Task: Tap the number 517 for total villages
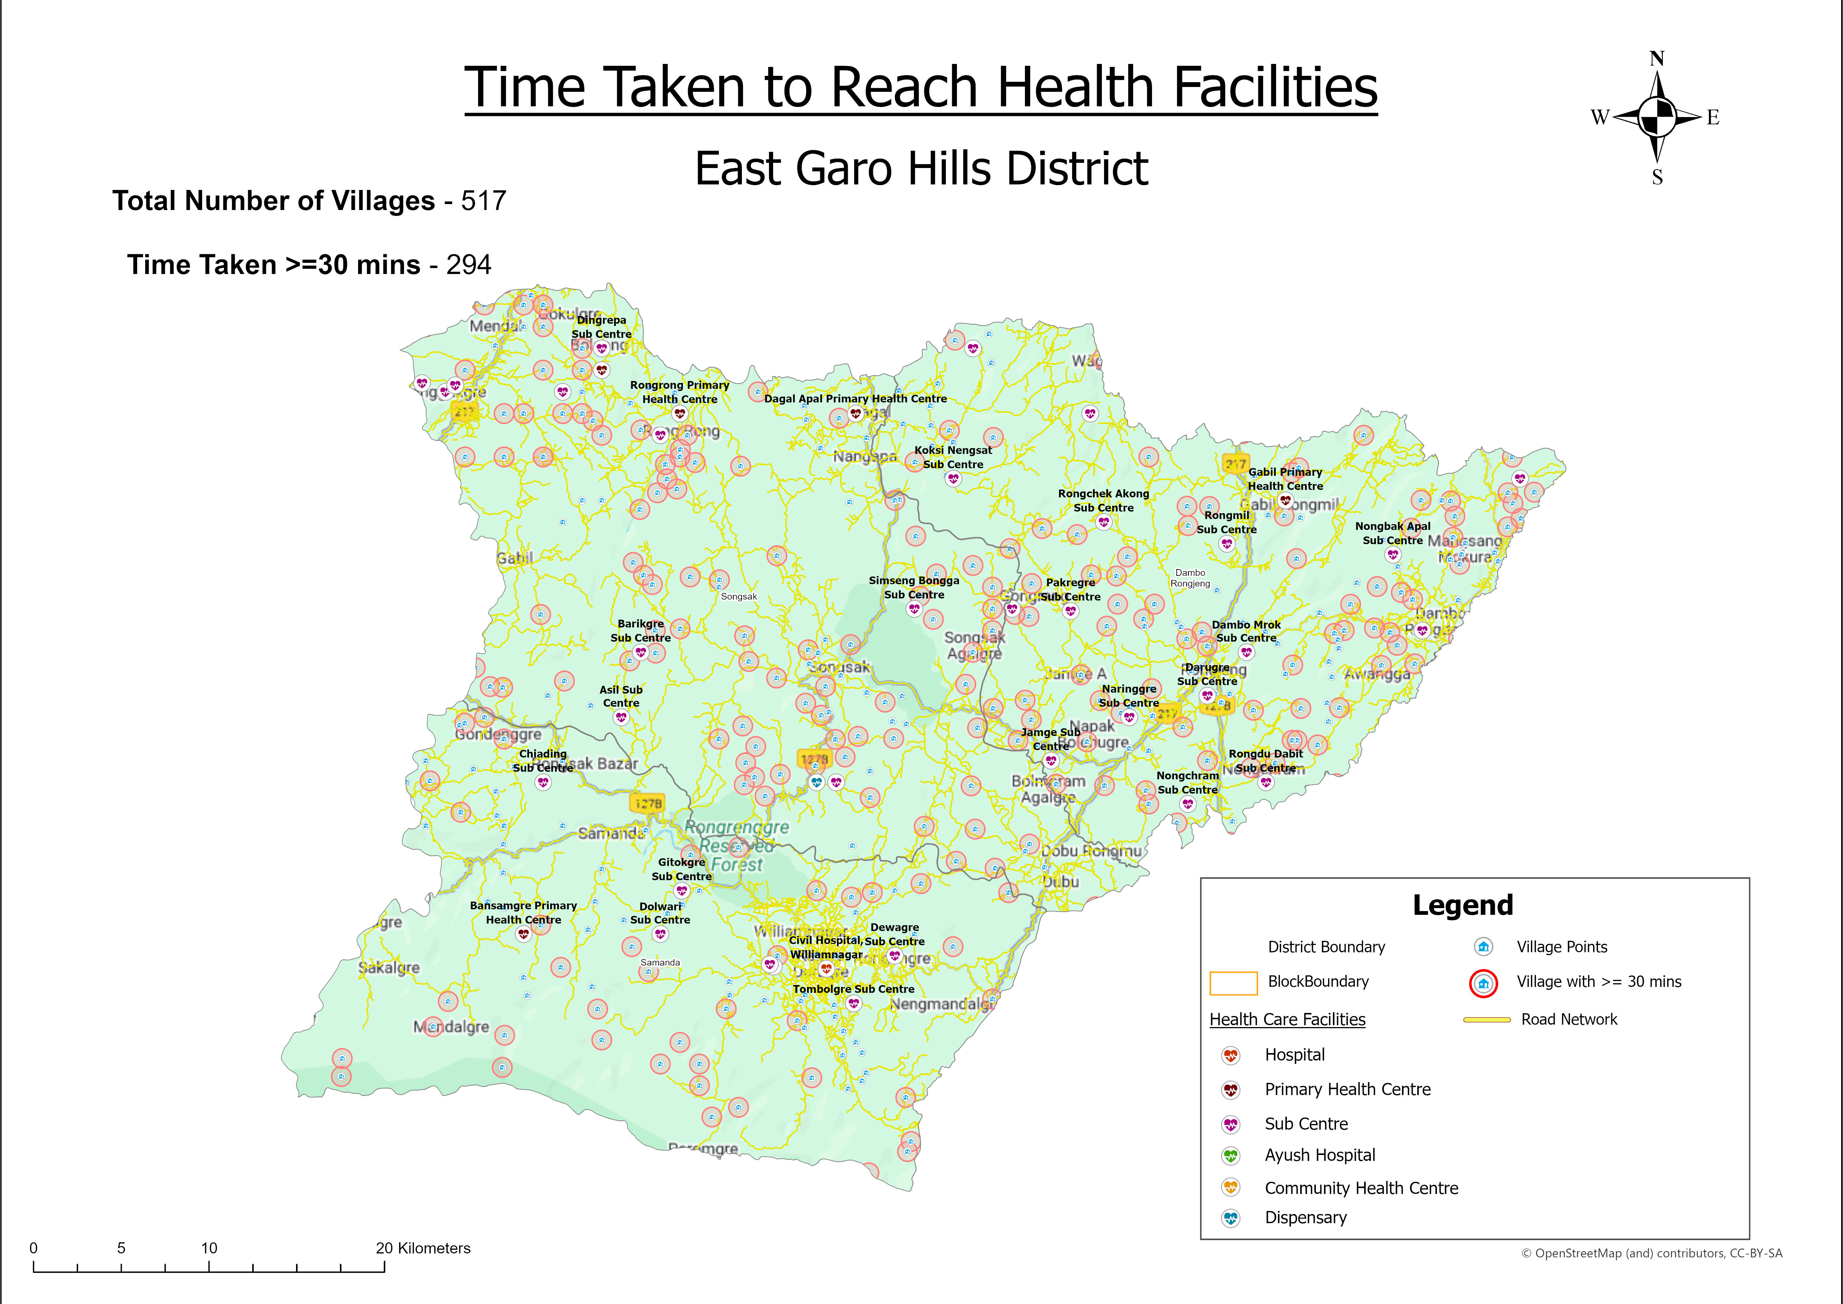[483, 201]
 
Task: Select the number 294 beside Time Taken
[469, 265]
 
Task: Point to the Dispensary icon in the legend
[1230, 1218]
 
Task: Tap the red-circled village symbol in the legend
[1483, 983]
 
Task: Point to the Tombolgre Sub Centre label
[853, 989]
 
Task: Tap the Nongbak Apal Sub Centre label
[1393, 533]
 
